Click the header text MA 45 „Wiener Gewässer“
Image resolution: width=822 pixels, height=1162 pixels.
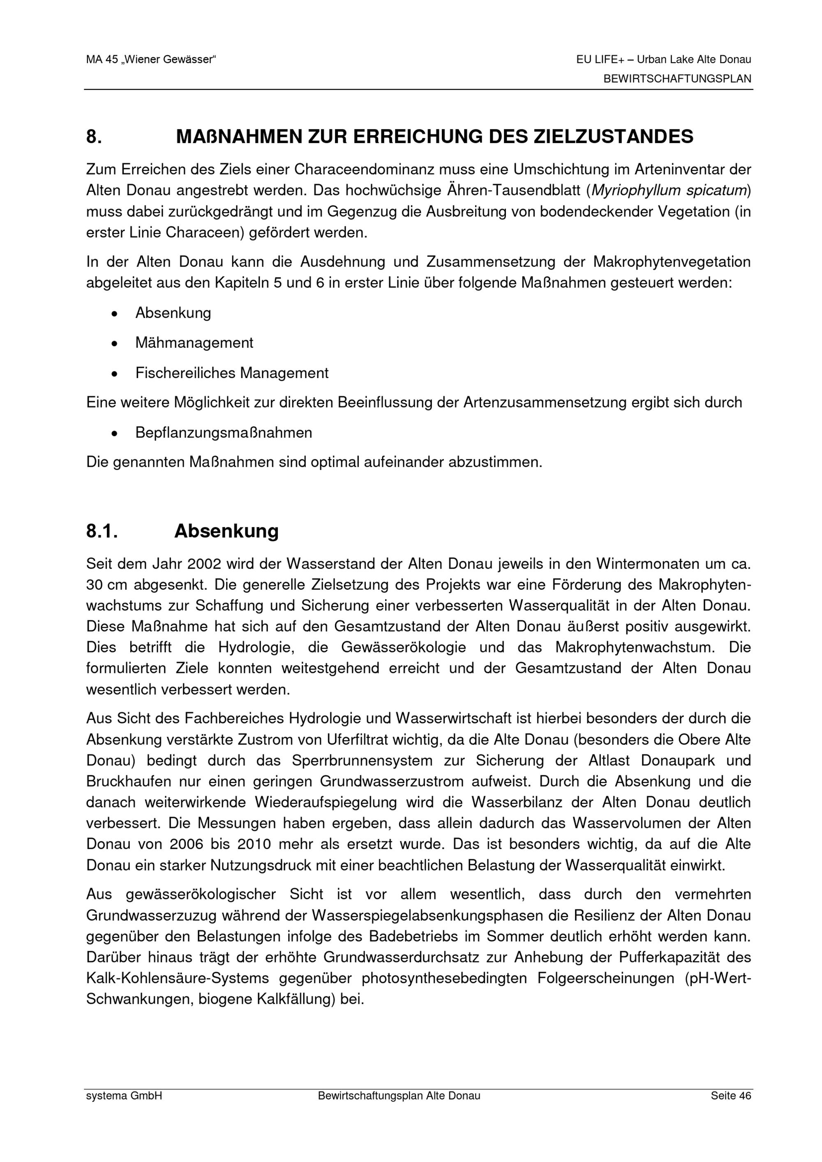(151, 60)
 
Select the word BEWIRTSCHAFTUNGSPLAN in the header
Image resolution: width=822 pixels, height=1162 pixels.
(677, 79)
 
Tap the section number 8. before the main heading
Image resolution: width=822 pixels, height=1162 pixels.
(94, 137)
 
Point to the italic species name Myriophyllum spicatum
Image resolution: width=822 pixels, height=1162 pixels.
(669, 191)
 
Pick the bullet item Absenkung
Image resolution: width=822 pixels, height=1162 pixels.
(173, 313)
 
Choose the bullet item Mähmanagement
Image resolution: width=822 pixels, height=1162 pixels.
(194, 343)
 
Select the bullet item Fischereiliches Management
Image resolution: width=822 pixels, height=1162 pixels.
(232, 373)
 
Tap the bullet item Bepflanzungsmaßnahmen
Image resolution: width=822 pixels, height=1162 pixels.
(223, 433)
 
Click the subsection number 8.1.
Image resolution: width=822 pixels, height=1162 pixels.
(102, 531)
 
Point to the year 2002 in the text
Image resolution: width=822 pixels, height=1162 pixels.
(204, 564)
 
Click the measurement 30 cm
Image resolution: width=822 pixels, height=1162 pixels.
(105, 585)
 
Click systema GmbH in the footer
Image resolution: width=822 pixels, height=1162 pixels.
(124, 1096)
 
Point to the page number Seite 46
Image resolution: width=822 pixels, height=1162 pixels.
(730, 1096)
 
